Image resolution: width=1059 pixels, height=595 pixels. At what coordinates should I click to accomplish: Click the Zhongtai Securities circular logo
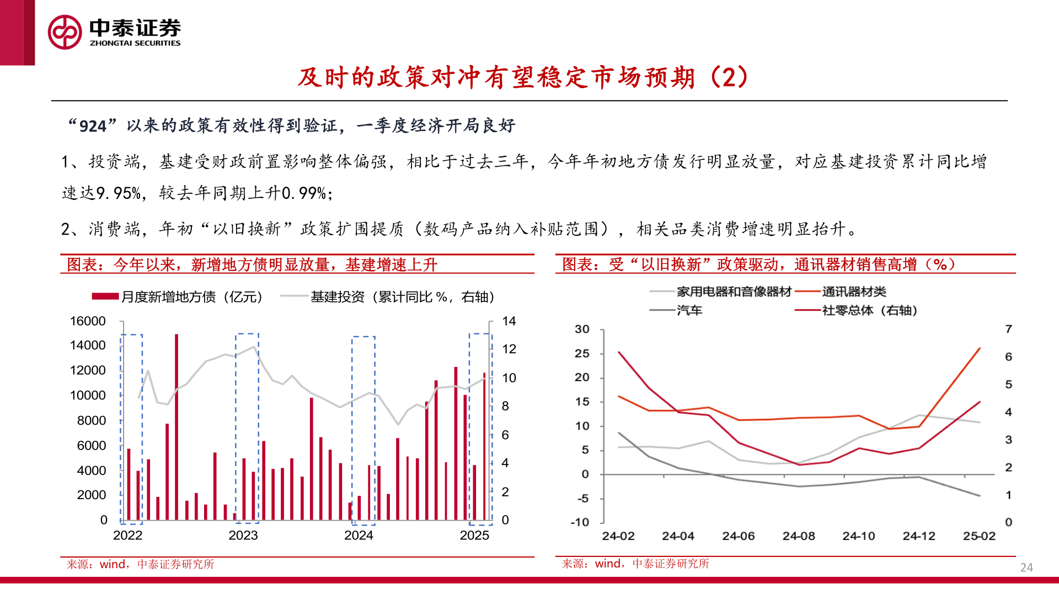click(x=65, y=32)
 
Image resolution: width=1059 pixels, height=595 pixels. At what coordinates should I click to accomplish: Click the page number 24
click(x=1026, y=567)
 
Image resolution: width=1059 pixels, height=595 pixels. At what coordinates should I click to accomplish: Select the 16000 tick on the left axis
click(x=88, y=321)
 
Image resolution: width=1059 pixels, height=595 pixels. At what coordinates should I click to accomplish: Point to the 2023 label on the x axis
click(x=243, y=535)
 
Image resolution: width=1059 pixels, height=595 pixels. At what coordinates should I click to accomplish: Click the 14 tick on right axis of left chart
click(x=509, y=321)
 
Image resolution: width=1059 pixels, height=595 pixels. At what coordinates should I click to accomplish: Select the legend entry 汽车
click(x=689, y=310)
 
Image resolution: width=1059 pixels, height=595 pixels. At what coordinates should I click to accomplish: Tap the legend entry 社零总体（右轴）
click(x=869, y=310)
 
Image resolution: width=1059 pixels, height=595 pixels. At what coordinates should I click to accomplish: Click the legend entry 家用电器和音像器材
click(x=734, y=292)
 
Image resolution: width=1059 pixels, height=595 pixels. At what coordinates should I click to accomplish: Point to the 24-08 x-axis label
click(x=798, y=536)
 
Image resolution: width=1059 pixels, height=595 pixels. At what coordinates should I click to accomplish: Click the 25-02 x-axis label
click(x=979, y=536)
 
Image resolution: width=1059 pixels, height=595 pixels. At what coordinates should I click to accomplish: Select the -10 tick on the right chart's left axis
click(x=580, y=522)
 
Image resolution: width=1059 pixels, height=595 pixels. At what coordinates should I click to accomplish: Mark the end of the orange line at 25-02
click(x=980, y=348)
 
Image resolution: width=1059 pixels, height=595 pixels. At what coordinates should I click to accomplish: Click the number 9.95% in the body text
click(x=119, y=193)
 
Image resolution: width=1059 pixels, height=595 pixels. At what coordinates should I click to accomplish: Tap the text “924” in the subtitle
click(x=93, y=126)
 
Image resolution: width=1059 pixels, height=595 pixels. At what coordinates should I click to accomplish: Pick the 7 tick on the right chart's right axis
click(x=1008, y=329)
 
